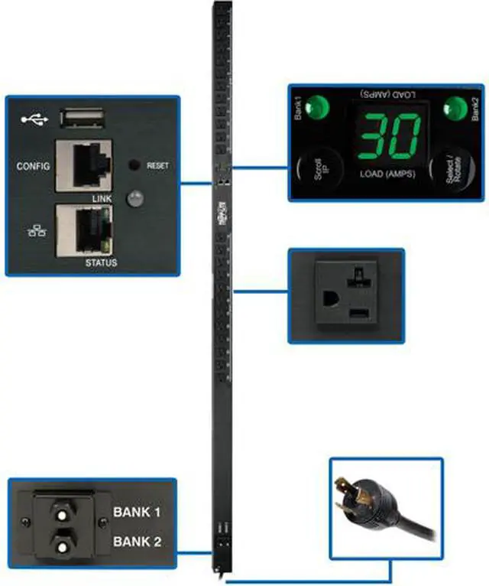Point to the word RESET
pos(157,165)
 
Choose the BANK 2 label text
pos(138,542)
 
